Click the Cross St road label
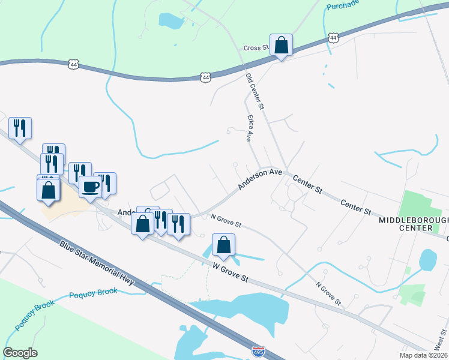(255, 48)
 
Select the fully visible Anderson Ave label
(260, 179)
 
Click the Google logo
(20, 353)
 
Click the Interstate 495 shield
(258, 350)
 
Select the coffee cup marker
(91, 187)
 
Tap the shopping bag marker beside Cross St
(281, 44)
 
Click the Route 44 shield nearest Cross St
(334, 38)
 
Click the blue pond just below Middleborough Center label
(427, 259)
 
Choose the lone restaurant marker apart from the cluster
(20, 128)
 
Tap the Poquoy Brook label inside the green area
(27, 311)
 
